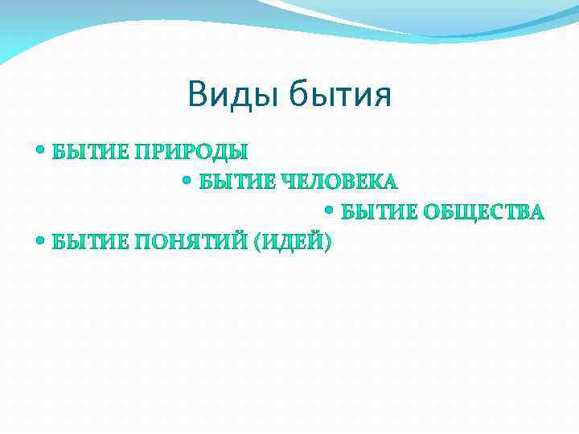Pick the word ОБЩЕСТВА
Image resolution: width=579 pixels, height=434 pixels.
[x=484, y=212]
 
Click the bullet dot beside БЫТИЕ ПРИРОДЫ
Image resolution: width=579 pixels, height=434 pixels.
[x=41, y=150]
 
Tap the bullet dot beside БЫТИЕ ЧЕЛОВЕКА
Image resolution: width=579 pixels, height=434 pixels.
[x=187, y=181]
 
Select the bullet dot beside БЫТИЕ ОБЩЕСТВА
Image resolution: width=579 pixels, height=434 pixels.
[x=331, y=211]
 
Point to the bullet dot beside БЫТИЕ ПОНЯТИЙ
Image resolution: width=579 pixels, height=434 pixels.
[x=41, y=240]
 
